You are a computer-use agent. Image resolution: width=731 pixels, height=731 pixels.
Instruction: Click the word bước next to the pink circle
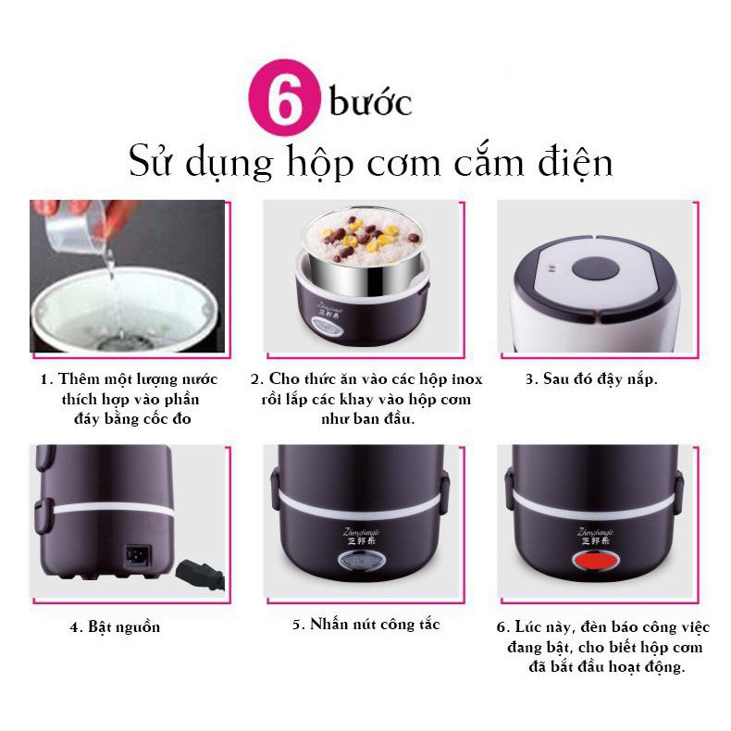point(370,102)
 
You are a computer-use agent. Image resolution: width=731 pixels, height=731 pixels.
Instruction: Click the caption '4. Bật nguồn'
point(114,627)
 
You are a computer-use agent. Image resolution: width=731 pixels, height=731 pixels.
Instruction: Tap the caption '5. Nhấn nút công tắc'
point(365,625)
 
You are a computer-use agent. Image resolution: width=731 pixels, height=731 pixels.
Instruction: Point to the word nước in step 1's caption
point(195,379)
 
